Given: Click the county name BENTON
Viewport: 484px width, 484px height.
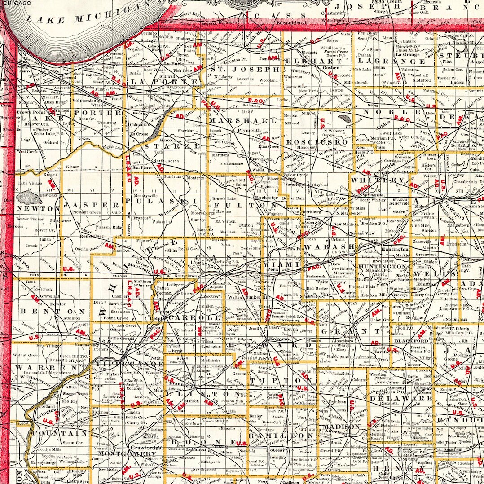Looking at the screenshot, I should point(51,311).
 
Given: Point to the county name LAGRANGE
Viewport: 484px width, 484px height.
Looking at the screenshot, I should point(397,61).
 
